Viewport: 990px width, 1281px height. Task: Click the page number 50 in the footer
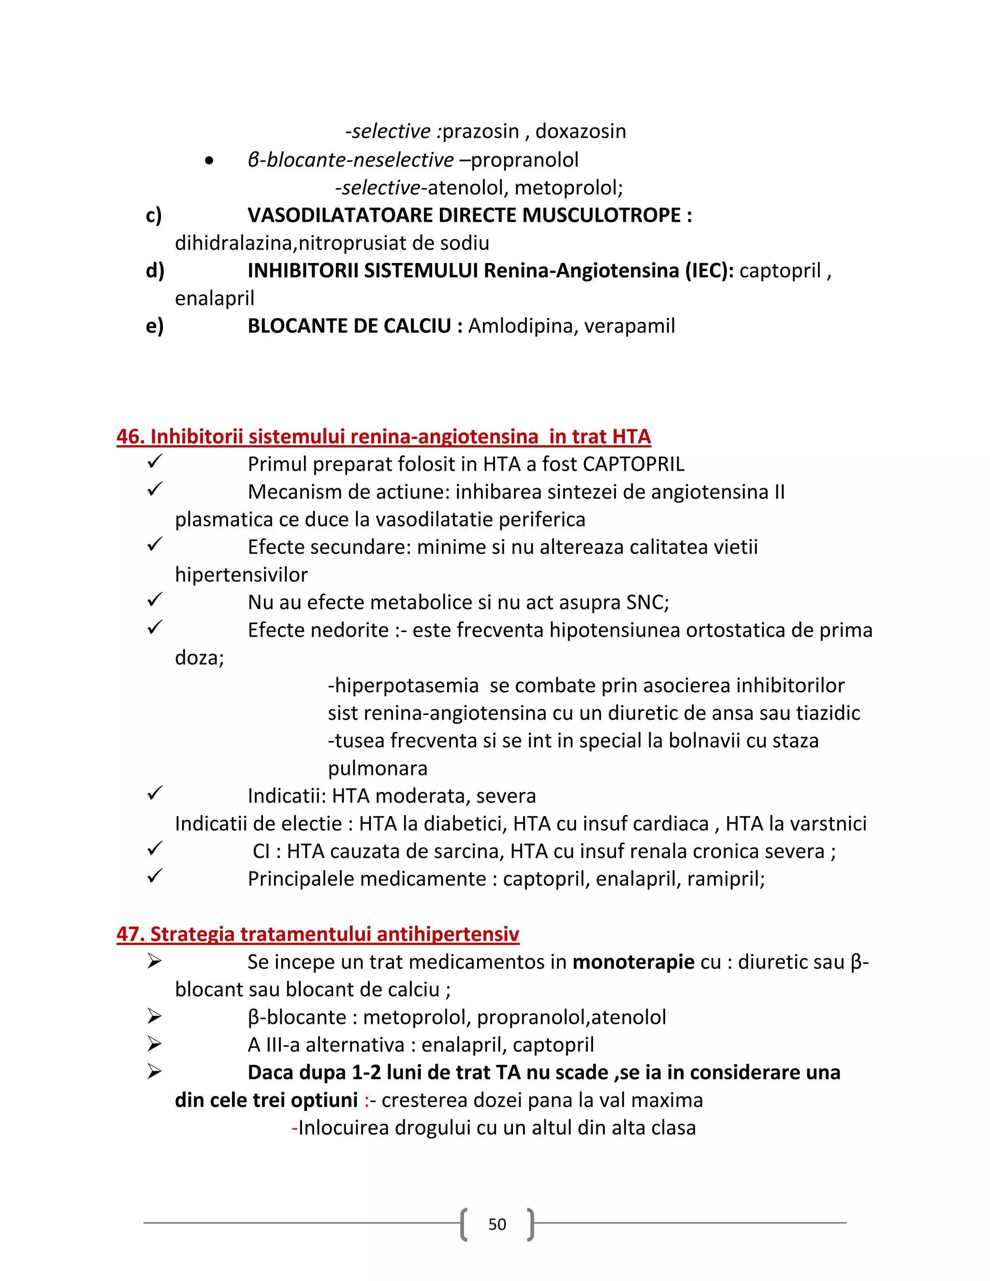point(497,1224)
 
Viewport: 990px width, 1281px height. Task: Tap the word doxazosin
point(581,131)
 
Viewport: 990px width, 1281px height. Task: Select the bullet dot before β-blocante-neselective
point(209,160)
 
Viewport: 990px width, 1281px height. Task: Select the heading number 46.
point(130,437)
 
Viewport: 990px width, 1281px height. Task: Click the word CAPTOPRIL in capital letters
point(633,465)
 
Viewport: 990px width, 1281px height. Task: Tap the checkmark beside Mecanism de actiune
point(154,489)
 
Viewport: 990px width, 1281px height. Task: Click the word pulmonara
point(378,769)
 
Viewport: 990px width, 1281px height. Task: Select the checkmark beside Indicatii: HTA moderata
point(154,794)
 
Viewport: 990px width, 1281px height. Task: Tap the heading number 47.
point(130,934)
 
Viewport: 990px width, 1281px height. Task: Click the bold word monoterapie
point(633,962)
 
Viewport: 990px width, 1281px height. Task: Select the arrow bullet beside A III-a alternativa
point(154,1045)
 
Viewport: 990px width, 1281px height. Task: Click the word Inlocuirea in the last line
point(343,1128)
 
